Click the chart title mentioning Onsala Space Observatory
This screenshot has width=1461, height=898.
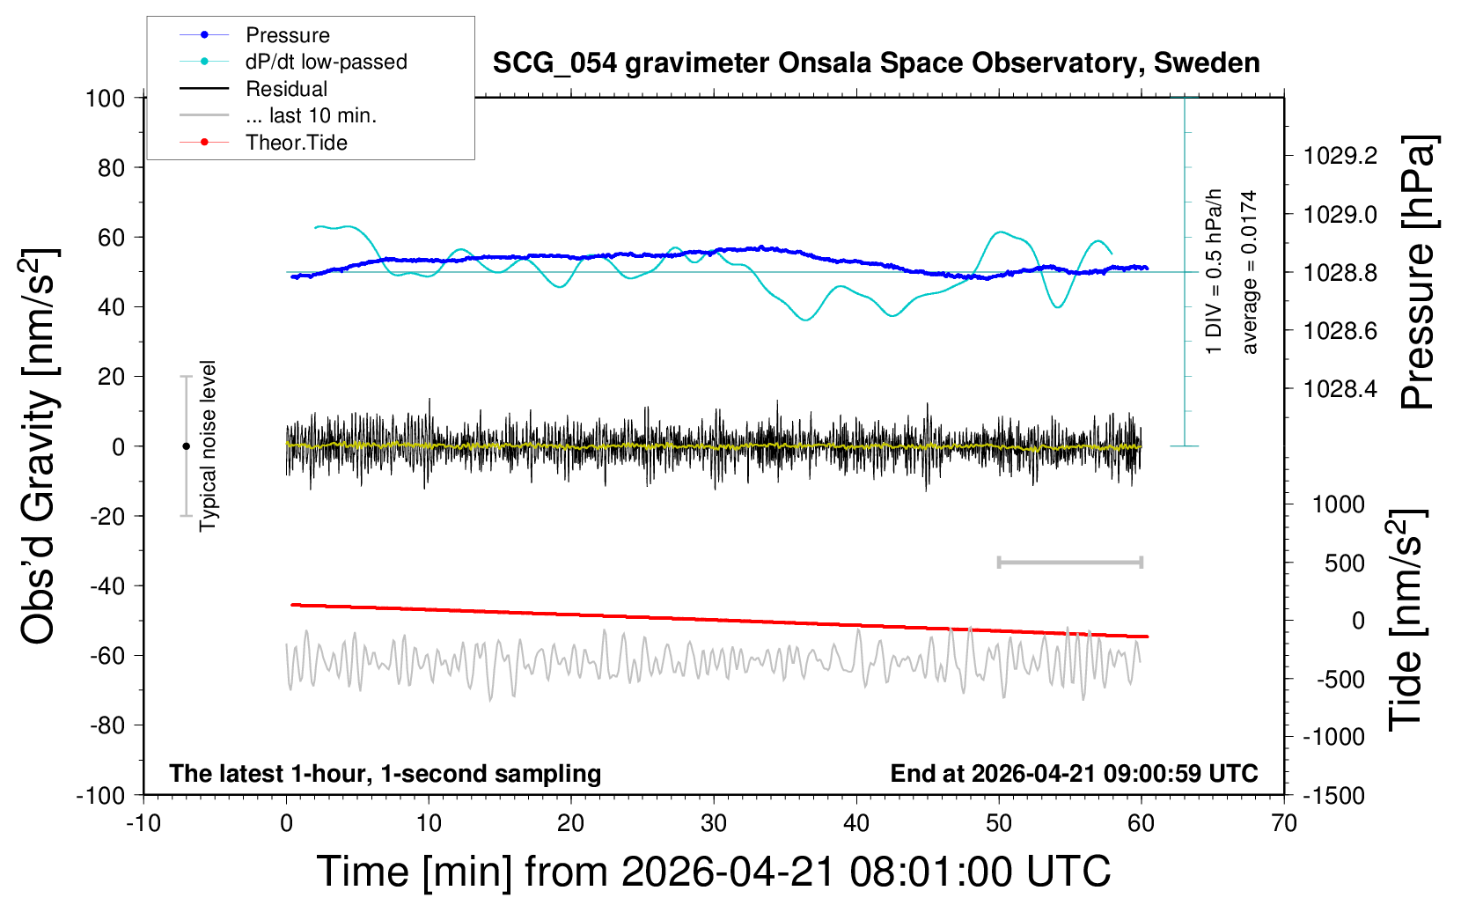click(x=876, y=63)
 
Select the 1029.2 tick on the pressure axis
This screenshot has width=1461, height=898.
click(x=1340, y=156)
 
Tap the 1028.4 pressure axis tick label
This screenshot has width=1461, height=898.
click(x=1340, y=388)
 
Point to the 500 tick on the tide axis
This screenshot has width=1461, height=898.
click(x=1344, y=563)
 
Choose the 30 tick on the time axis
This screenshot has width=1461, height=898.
click(x=714, y=824)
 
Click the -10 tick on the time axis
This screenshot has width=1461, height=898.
click(x=143, y=824)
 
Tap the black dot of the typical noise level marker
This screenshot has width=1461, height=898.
click(x=186, y=446)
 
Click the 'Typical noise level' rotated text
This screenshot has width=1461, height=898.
click(x=208, y=445)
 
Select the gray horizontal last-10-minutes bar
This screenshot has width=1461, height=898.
click(x=1069, y=562)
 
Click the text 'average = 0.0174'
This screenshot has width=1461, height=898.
click(x=1250, y=272)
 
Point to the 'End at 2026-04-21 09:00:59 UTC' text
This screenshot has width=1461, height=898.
click(x=1074, y=774)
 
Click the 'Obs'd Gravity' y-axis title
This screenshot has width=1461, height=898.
click(x=40, y=445)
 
